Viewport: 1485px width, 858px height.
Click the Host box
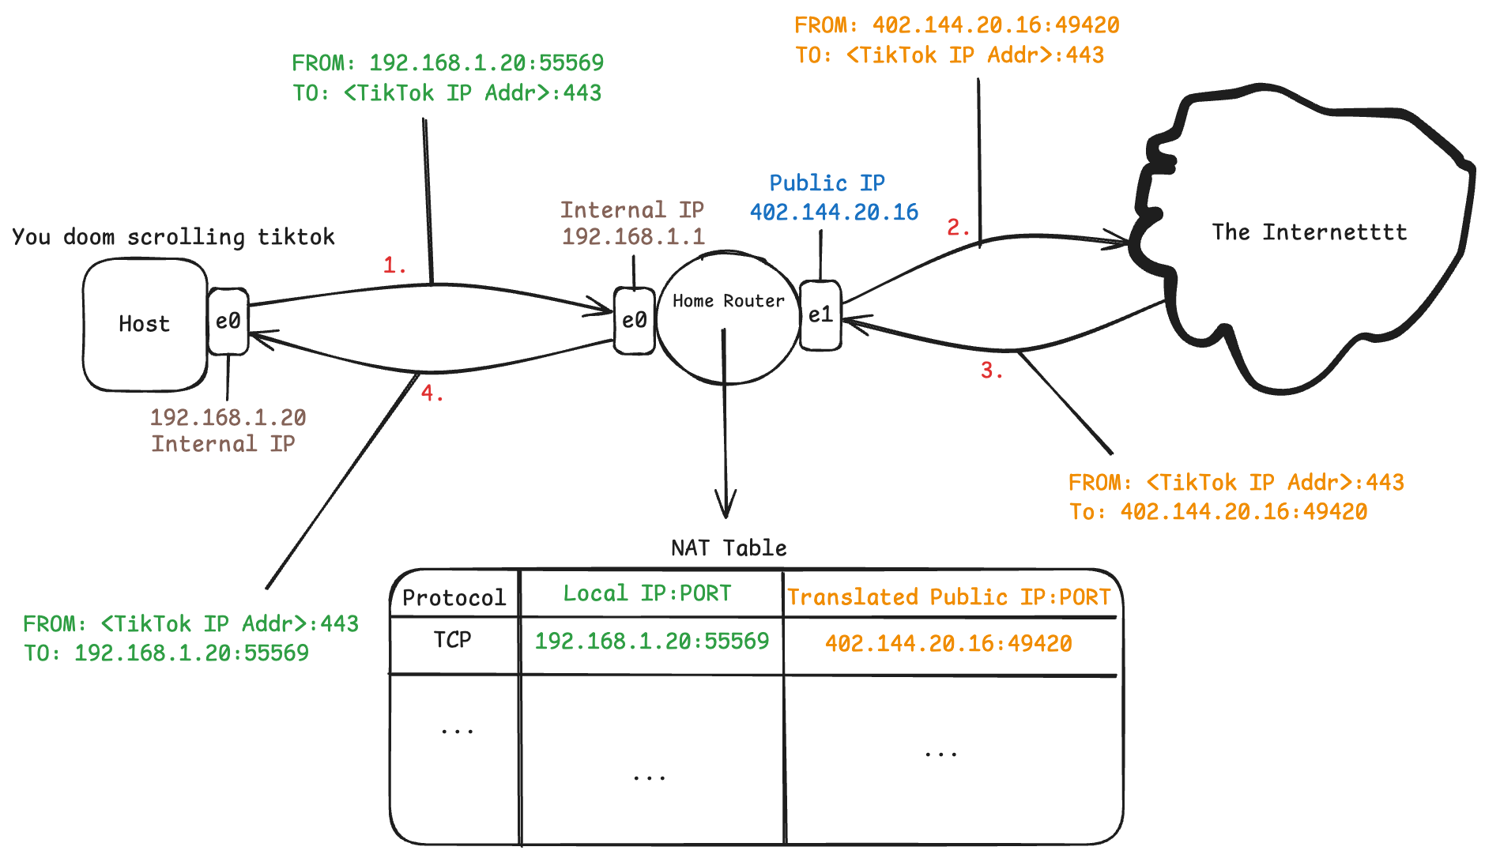(145, 324)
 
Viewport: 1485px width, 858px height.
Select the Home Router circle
(728, 318)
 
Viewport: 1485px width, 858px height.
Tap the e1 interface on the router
(820, 315)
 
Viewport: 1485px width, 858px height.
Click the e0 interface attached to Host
(228, 321)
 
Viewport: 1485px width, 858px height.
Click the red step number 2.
(957, 228)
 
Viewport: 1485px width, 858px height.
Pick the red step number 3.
(991, 370)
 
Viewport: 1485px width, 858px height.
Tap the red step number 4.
(431, 393)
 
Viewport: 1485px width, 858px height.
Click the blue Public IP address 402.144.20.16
(834, 213)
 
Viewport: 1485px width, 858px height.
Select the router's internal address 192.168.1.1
(633, 236)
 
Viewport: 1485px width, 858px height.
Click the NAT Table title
(729, 548)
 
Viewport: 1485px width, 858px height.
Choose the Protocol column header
(454, 597)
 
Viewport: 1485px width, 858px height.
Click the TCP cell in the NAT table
(452, 639)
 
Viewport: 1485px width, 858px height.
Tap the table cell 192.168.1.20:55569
(651, 641)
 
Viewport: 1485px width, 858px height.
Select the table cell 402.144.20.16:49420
(948, 643)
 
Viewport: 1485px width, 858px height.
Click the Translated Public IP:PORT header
(948, 596)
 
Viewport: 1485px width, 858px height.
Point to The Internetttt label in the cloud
(1309, 232)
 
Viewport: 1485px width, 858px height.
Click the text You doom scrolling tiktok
(173, 237)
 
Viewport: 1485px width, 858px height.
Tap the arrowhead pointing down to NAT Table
(726, 506)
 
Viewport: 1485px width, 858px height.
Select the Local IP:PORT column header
(647, 593)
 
